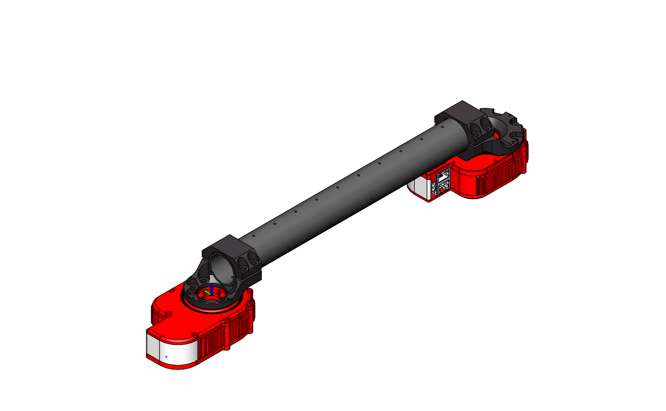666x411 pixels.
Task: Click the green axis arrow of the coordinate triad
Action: pos(207,292)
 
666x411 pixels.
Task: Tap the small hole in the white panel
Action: pos(166,357)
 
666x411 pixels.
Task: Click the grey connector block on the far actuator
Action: pos(442,182)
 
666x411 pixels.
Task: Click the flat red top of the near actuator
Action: pos(179,322)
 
